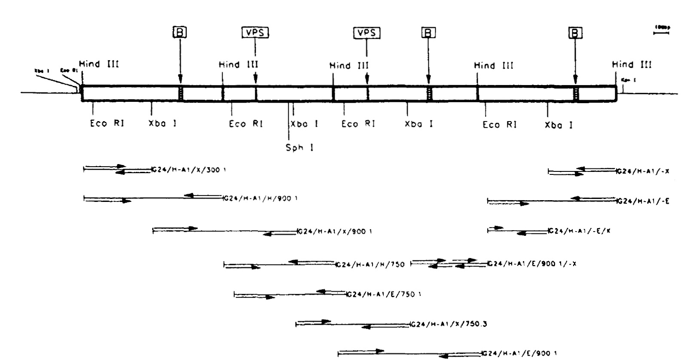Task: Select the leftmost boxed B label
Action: pos(180,33)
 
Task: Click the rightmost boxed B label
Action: pos(575,33)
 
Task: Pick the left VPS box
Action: pos(255,33)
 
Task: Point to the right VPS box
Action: pos(366,33)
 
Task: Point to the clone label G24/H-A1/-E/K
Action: pos(579,231)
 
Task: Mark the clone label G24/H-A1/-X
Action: pos(643,171)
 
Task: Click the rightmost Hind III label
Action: pos(632,65)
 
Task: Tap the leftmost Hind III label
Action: pos(99,64)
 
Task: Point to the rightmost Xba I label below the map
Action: pos(559,125)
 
